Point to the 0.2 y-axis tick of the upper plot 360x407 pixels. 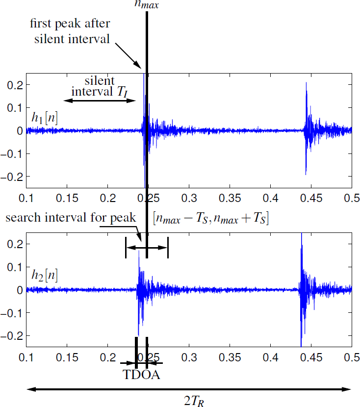[x=16, y=85]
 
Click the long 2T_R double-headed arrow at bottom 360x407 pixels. [x=190, y=389]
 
